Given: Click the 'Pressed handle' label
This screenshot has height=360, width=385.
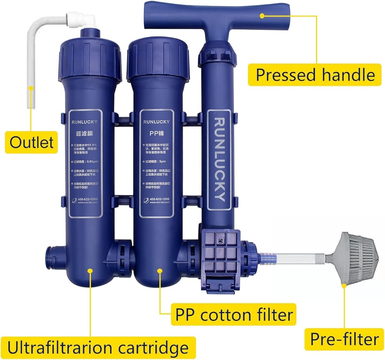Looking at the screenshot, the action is click(x=315, y=74).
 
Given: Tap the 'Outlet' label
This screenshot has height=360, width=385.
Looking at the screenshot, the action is click(x=32, y=142).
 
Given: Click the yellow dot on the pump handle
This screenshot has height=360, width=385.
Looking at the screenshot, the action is click(x=262, y=16).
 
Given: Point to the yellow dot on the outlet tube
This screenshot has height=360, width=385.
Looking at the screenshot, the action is click(x=31, y=89).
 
